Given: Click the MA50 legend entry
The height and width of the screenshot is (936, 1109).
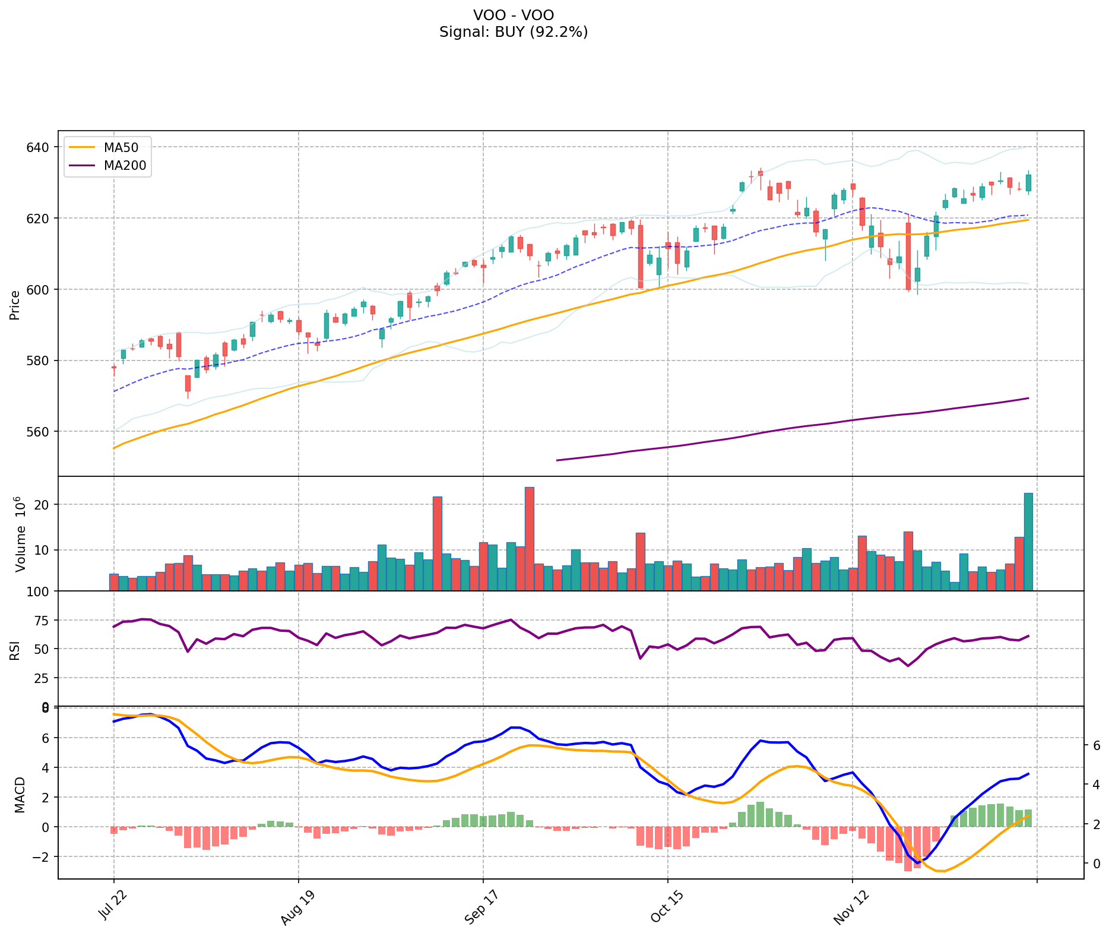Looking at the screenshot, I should pos(121,148).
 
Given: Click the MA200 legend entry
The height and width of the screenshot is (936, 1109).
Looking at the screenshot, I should pos(125,166).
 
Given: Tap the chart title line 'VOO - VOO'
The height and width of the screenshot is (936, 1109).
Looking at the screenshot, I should pos(514,15).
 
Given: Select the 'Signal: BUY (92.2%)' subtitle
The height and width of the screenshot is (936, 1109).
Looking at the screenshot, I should pos(514,32).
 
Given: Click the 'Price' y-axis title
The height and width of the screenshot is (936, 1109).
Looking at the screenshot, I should pos(15,305).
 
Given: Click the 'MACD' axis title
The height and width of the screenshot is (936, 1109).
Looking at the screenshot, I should pos(20,795).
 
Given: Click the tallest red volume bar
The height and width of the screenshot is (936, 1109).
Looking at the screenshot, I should pos(530,539).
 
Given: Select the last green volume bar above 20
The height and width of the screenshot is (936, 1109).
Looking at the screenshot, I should pos(1028,542).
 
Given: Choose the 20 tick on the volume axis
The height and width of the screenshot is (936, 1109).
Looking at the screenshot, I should pos(42,505).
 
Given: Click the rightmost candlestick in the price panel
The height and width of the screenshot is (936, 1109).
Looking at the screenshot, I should pos(1028,183).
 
